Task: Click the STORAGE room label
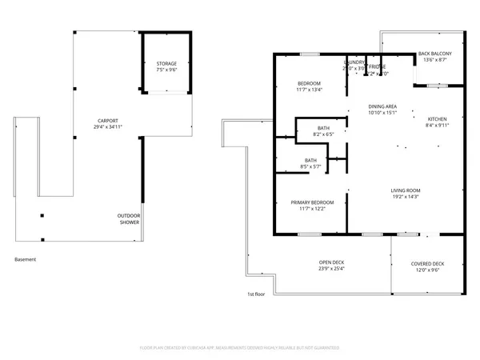166,65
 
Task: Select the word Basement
26,259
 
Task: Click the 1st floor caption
256,294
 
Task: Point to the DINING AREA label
382,106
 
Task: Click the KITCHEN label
438,118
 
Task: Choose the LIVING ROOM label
406,190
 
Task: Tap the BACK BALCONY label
436,54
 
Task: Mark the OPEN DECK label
332,263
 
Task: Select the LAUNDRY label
354,62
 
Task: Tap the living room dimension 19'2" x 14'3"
406,197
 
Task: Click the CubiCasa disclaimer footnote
240,348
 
